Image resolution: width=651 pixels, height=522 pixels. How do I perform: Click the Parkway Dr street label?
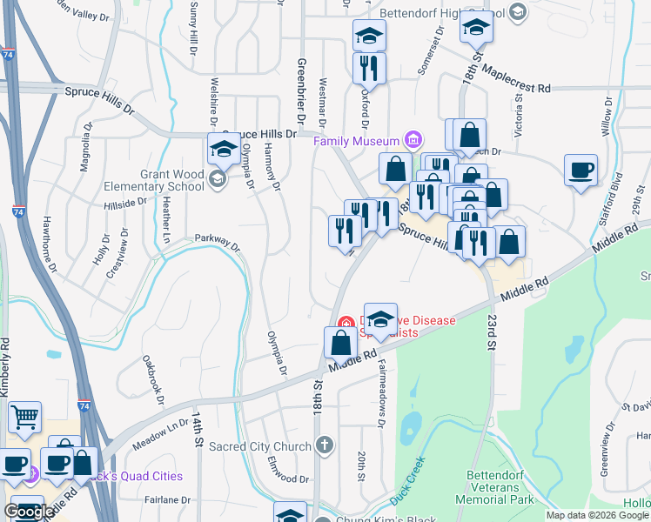pyautogui.click(x=217, y=240)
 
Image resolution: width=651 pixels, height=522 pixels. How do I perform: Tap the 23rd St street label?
pyautogui.click(x=490, y=333)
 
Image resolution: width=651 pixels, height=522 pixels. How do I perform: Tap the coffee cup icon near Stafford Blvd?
pyautogui.click(x=581, y=170)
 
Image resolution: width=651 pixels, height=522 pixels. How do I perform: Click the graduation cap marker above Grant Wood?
pyautogui.click(x=224, y=149)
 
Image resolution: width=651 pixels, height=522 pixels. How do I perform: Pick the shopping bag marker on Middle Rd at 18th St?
pyautogui.click(x=339, y=343)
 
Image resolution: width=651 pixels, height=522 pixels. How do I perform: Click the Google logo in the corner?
pyautogui.click(x=28, y=512)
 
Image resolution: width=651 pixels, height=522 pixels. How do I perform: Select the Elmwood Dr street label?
pyautogui.click(x=289, y=469)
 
